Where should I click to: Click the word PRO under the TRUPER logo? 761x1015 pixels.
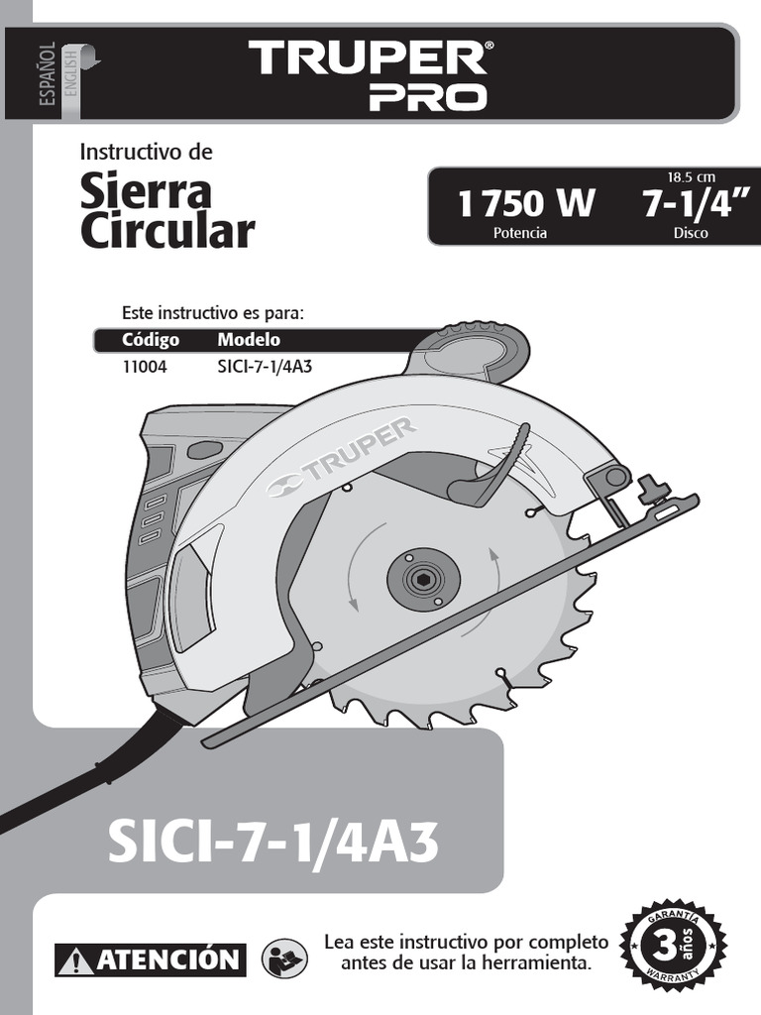click(428, 97)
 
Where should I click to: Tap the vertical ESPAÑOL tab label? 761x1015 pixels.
click(47, 74)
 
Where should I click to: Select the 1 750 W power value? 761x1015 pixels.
click(525, 203)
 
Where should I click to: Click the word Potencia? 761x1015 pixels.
click(519, 233)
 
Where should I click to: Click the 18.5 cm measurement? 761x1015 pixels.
click(691, 176)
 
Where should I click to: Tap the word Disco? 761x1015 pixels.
click(691, 233)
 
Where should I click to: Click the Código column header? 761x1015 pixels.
click(151, 340)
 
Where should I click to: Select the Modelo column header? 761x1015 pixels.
click(249, 340)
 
